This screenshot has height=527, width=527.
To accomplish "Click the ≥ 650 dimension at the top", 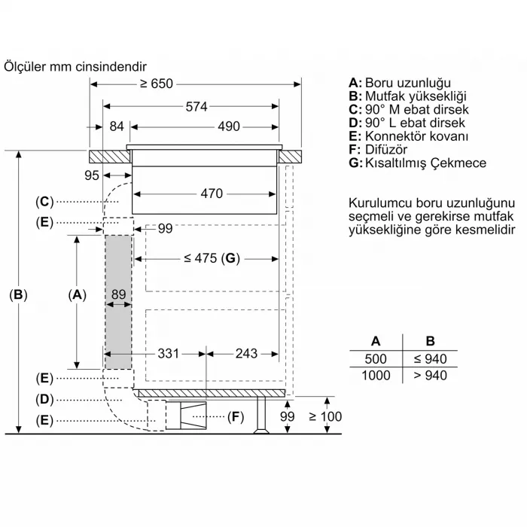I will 156,84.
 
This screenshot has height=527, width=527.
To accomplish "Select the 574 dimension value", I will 196,107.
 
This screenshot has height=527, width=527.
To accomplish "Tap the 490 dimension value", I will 229,126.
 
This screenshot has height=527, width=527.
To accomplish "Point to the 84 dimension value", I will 116,126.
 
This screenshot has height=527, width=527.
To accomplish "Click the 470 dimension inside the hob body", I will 212,193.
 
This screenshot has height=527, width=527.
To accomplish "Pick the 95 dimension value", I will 92,175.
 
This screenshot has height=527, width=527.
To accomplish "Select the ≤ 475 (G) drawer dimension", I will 211,258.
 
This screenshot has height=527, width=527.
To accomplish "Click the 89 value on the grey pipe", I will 117,296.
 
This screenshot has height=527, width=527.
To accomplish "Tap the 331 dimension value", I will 169,353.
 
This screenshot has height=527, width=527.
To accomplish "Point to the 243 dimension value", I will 246,353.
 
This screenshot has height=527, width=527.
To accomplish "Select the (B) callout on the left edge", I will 18,295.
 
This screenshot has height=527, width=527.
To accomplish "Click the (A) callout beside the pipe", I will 77,295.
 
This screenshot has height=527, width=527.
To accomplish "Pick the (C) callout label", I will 44,201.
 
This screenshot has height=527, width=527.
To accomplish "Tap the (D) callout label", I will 44,399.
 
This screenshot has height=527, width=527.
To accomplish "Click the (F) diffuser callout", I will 236,416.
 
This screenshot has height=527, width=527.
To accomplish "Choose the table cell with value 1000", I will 377,375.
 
